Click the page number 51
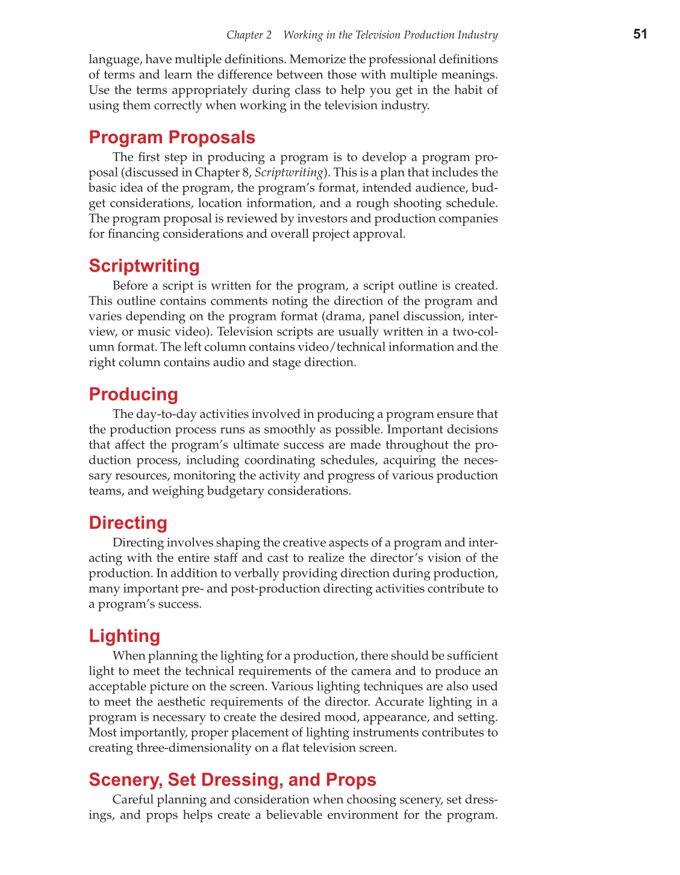[640, 34]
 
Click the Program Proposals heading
[172, 137]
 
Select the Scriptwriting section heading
[144, 266]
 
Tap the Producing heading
[133, 394]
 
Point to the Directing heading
[128, 523]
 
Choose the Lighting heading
[124, 636]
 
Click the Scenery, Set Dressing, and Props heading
[232, 780]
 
